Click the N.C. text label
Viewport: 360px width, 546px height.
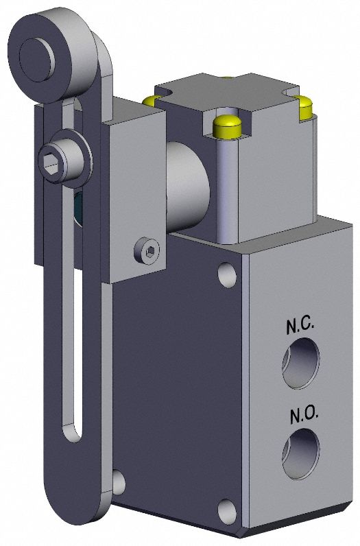[300, 327]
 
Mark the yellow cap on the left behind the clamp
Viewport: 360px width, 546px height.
[149, 101]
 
